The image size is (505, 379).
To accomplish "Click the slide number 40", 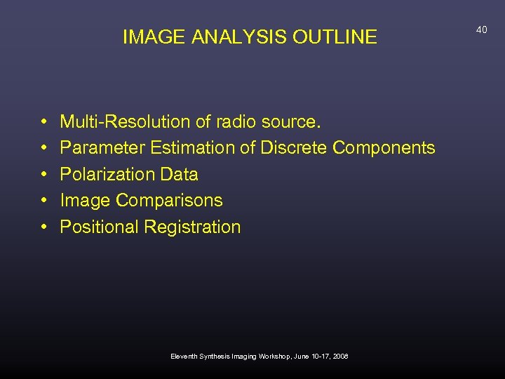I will tap(481, 29).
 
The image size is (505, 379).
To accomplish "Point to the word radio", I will tap(234, 122).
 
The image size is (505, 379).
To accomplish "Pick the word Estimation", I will tap(194, 148).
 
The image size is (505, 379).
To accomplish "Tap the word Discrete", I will tap(294, 148).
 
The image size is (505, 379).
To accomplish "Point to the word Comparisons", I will tap(169, 201).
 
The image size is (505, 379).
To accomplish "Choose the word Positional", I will tap(100, 227).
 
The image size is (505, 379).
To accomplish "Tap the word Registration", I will tap(192, 227).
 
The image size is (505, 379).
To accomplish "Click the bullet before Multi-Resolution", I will tap(43, 123).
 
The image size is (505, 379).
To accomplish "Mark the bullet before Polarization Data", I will tap(43, 175).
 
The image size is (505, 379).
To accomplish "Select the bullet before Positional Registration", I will tap(43, 227).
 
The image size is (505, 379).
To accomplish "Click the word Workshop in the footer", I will tap(279, 357).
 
